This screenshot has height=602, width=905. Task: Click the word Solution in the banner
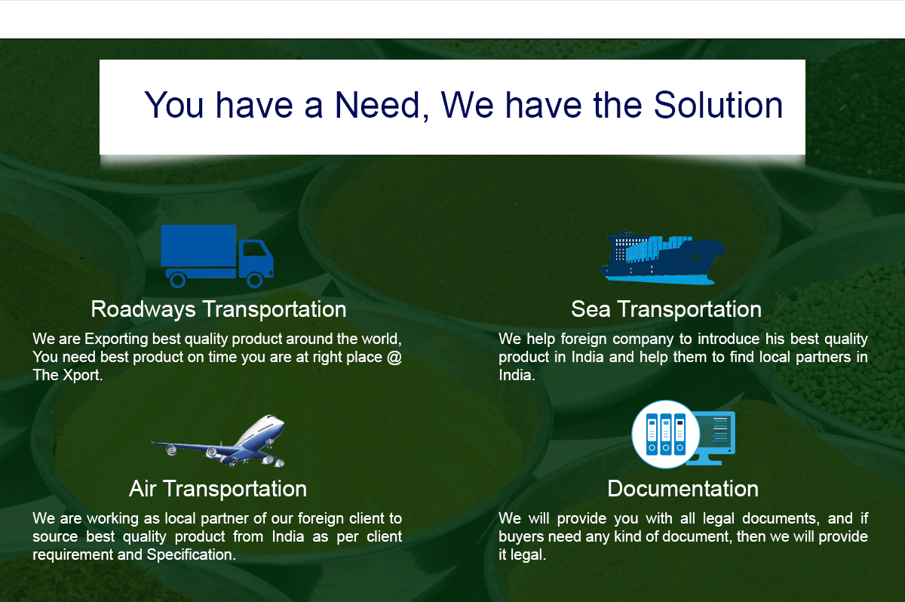[x=718, y=106]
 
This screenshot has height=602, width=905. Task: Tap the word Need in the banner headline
[x=377, y=106]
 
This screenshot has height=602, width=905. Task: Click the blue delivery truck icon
[x=217, y=256]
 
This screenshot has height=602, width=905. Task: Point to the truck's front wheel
[x=255, y=280]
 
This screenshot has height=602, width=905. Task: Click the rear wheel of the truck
[x=177, y=280]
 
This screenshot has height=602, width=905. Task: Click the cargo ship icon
[x=664, y=257]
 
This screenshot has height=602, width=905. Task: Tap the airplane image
[x=218, y=441]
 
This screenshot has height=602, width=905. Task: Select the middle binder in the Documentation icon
[x=666, y=435]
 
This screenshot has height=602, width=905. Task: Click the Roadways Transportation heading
[x=219, y=309]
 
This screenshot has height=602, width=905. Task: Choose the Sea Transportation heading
[x=666, y=309]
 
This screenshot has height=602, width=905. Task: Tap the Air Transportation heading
[x=218, y=489]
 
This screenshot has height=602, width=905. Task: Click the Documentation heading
[x=683, y=489]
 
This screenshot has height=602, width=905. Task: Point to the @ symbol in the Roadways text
[x=394, y=357]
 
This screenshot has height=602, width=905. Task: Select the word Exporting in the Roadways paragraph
[x=116, y=339]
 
